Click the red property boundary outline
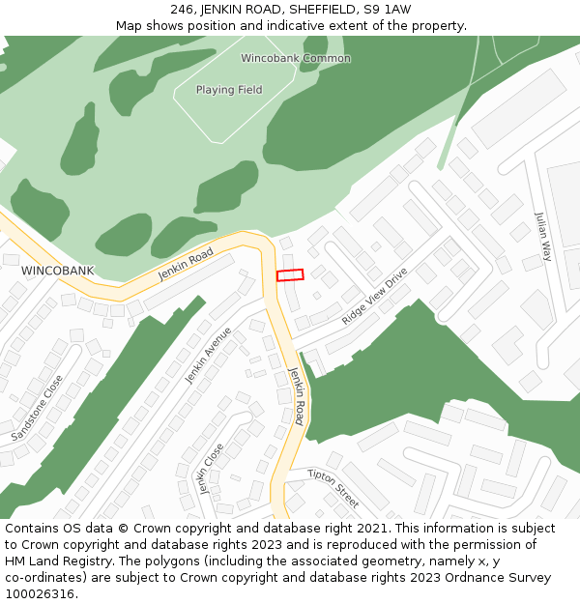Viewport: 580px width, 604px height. (290, 275)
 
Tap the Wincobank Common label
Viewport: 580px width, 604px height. (296, 58)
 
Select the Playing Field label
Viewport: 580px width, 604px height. (229, 90)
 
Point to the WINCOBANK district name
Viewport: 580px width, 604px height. (58, 271)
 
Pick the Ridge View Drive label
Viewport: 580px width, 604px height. (374, 296)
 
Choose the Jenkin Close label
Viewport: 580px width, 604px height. (210, 468)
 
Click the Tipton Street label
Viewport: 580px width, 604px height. (333, 488)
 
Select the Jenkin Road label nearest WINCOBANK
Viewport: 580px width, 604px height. (186, 263)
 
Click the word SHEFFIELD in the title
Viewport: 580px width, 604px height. (323, 9)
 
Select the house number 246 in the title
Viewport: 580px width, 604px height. (182, 9)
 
